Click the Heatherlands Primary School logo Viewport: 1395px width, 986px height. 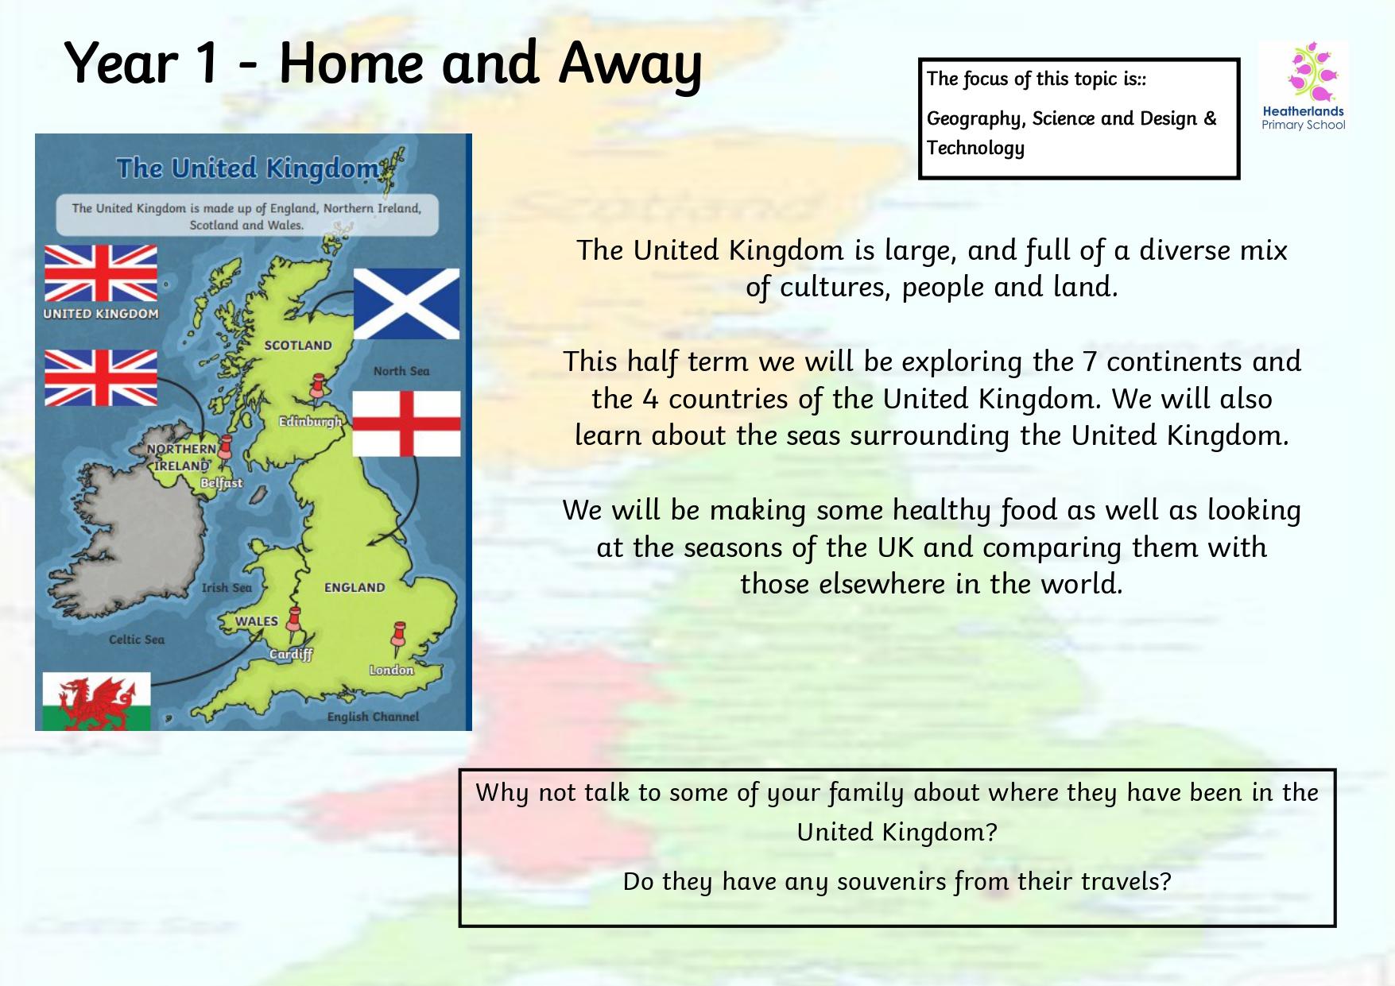(1304, 87)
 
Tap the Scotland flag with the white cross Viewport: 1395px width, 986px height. (406, 304)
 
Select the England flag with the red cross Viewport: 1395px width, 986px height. (406, 423)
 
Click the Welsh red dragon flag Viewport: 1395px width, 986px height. (96, 701)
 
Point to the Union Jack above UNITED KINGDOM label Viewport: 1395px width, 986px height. (100, 273)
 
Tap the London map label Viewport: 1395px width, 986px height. (391, 670)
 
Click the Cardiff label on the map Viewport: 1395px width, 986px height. (290, 655)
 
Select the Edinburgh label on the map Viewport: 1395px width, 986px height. (310, 421)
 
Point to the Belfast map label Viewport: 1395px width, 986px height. (221, 482)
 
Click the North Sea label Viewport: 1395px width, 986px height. (401, 371)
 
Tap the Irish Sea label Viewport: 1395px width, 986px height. (227, 588)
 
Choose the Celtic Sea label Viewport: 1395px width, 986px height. (137, 640)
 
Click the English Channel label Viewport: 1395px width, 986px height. (373, 717)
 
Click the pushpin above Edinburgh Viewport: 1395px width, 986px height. (320, 390)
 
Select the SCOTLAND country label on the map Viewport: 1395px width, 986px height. (298, 346)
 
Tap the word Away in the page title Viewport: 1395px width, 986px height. (630, 65)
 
